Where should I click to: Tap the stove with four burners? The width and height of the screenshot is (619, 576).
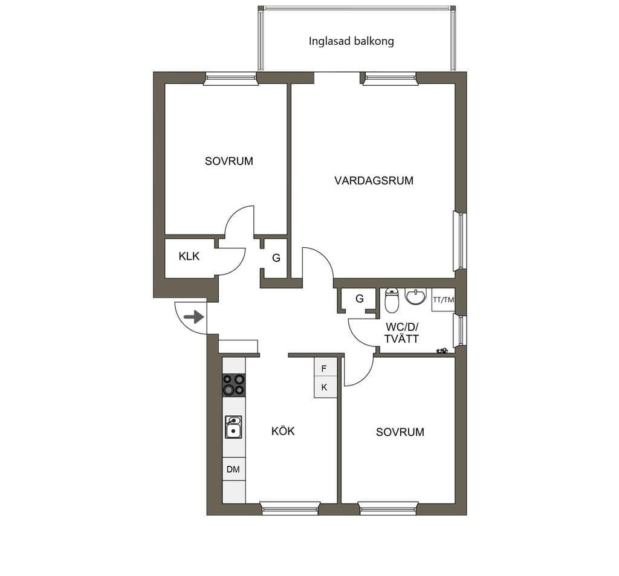pyautogui.click(x=234, y=385)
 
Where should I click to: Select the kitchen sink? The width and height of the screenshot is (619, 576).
pyautogui.click(x=234, y=427)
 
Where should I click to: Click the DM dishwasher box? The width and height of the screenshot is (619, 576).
pyautogui.click(x=234, y=469)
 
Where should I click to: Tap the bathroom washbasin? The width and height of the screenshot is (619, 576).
pyautogui.click(x=416, y=297)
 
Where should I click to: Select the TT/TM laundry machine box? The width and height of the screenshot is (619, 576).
pyautogui.click(x=443, y=300)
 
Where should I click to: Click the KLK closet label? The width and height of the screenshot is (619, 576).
pyautogui.click(x=189, y=256)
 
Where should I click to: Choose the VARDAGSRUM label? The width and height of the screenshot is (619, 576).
pyautogui.click(x=374, y=181)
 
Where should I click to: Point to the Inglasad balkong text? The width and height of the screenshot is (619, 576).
pyautogui.click(x=351, y=41)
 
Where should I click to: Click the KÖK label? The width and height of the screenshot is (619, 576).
pyautogui.click(x=283, y=431)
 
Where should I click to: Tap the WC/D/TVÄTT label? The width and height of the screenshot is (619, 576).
pyautogui.click(x=401, y=333)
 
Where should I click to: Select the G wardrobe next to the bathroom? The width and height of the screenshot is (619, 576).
pyautogui.click(x=359, y=299)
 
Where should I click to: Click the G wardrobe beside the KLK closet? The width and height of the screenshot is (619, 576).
pyautogui.click(x=276, y=258)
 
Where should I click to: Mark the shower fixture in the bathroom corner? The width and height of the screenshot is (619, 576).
pyautogui.click(x=442, y=350)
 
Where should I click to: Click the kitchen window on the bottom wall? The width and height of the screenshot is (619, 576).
pyautogui.click(x=290, y=508)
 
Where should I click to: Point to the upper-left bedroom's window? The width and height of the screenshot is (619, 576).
pyautogui.click(x=231, y=78)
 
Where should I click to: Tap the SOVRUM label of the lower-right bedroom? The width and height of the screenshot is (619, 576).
pyautogui.click(x=400, y=432)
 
